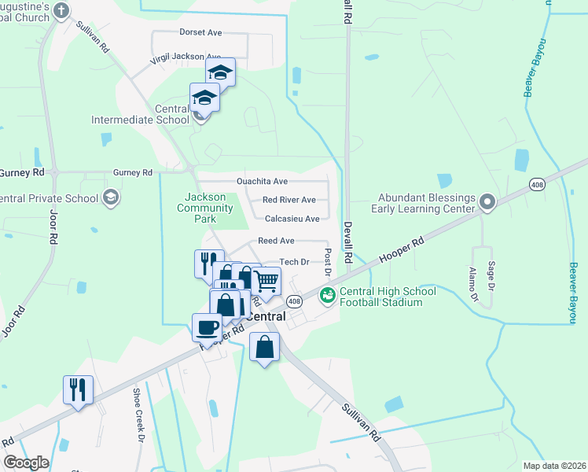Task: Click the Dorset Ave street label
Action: (x=201, y=33)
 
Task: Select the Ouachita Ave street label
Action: (x=263, y=181)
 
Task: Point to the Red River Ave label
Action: (x=288, y=200)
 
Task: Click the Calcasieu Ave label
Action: (x=292, y=219)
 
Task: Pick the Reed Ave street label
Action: (x=276, y=241)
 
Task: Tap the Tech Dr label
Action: (x=296, y=262)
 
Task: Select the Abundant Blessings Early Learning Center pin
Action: (x=487, y=202)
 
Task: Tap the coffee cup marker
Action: (x=208, y=326)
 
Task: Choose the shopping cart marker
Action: (x=267, y=280)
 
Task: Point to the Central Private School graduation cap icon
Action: (x=111, y=197)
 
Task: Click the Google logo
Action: (x=26, y=463)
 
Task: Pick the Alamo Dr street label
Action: (x=472, y=285)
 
